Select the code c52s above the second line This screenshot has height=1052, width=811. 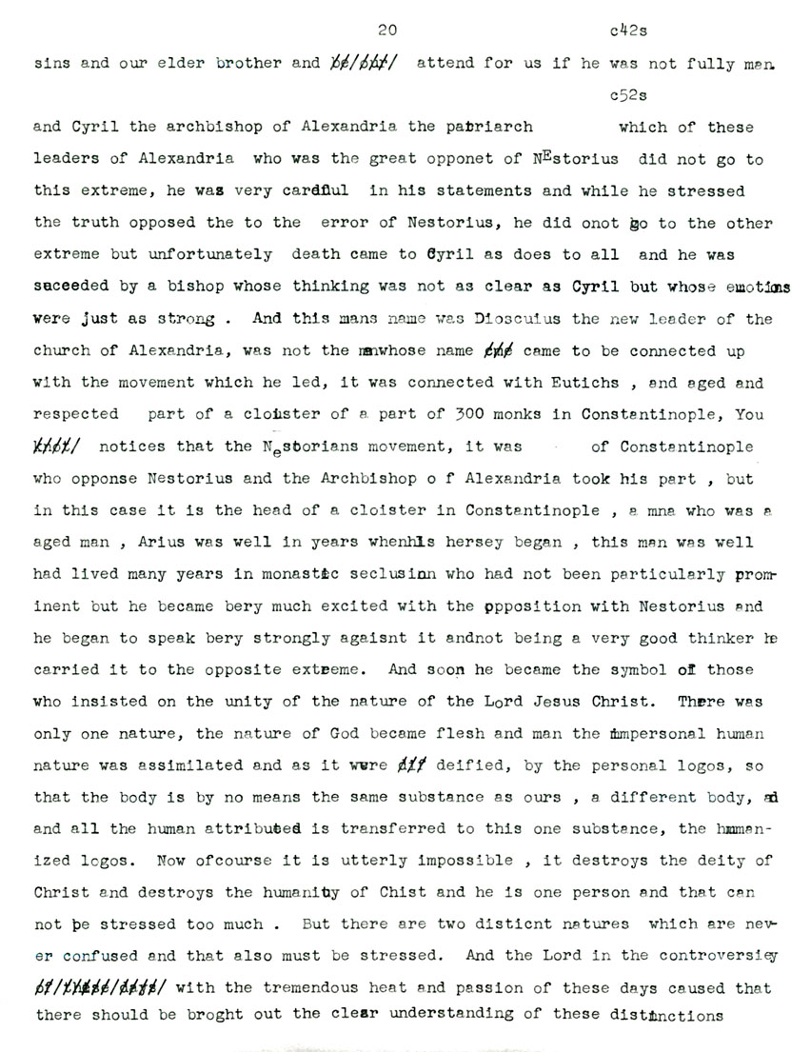(627, 95)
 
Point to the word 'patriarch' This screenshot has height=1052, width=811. (493, 127)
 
